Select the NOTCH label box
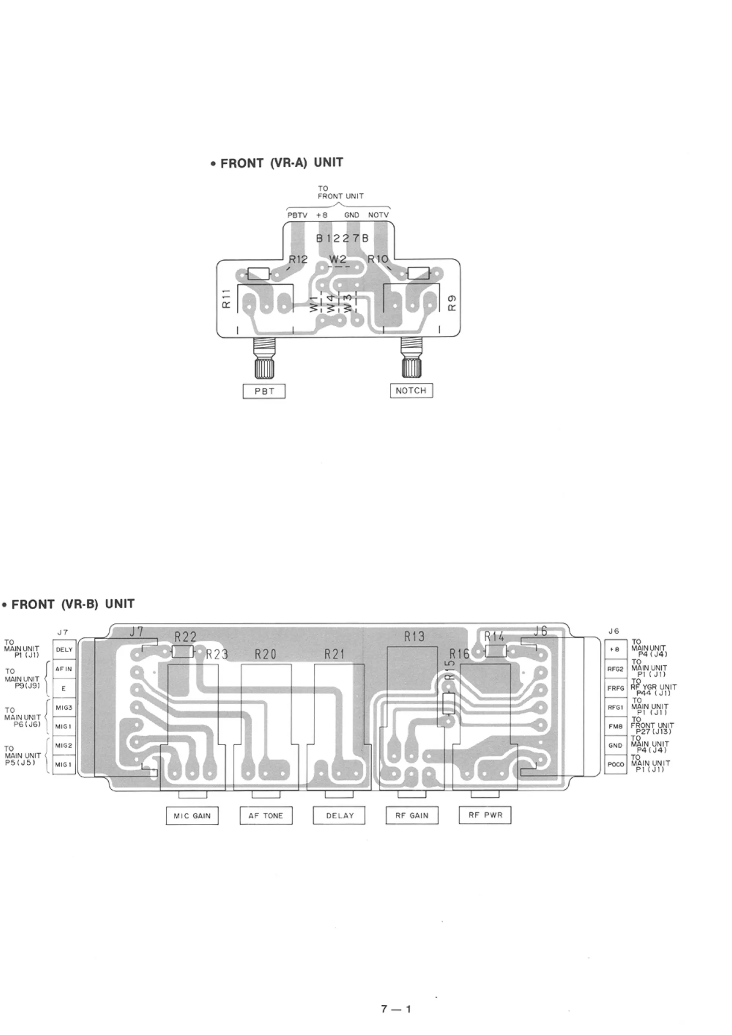[x=411, y=390]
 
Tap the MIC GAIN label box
[x=192, y=815]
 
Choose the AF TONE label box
[x=266, y=815]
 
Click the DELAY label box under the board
[x=339, y=815]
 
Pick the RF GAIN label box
[x=412, y=815]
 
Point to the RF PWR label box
[x=485, y=815]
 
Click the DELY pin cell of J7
[x=64, y=649]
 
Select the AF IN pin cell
[x=64, y=669]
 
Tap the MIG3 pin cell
[x=64, y=708]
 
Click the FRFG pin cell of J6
[x=615, y=689]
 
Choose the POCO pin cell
[x=615, y=764]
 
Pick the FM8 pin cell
[x=615, y=727]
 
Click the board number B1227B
[x=342, y=238]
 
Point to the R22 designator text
[x=185, y=637]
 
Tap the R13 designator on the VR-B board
[x=414, y=636]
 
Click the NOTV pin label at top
[x=378, y=215]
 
